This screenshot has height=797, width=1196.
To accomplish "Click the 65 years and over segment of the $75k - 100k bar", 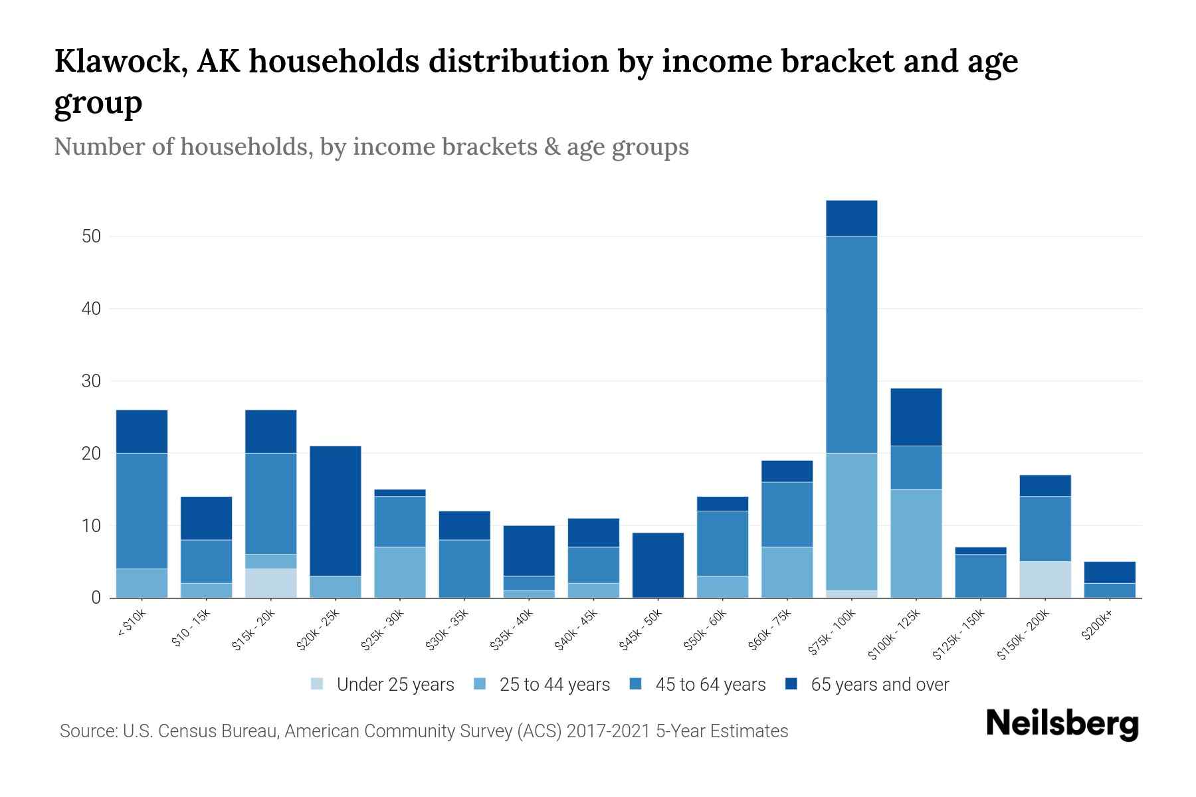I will pyautogui.click(x=851, y=218).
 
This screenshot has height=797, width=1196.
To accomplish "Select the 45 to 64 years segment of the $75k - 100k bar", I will pyautogui.click(x=851, y=344).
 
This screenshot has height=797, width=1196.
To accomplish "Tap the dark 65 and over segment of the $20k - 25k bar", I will pyautogui.click(x=336, y=510).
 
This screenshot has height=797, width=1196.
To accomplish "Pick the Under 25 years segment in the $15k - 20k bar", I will pyautogui.click(x=271, y=583).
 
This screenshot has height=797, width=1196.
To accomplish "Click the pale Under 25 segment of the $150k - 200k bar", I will pyautogui.click(x=1045, y=579).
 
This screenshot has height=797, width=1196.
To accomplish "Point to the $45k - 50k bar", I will pyautogui.click(x=658, y=565).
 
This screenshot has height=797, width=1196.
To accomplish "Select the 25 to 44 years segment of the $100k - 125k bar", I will pyautogui.click(x=916, y=543).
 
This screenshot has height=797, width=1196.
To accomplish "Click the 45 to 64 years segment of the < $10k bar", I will pyautogui.click(x=142, y=510).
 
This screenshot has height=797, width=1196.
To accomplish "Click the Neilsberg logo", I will pyautogui.click(x=1062, y=724).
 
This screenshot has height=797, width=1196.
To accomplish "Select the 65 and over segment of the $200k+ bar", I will pyautogui.click(x=1110, y=572).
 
